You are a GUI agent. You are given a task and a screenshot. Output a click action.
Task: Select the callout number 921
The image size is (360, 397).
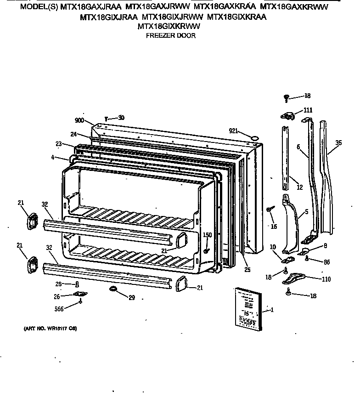(234, 131)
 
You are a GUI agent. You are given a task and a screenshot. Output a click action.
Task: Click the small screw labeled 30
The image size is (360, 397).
(106, 119)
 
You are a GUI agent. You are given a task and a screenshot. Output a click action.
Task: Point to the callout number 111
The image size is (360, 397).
(308, 110)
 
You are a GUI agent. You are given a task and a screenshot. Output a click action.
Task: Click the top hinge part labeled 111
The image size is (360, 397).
(287, 116)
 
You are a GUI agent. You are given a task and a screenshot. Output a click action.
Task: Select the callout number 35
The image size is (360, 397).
(338, 143)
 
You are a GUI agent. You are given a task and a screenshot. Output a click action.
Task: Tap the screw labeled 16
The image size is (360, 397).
(269, 210)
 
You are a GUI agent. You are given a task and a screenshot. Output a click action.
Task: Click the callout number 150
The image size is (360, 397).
(207, 235)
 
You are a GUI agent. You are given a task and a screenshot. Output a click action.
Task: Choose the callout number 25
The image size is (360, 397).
(247, 270)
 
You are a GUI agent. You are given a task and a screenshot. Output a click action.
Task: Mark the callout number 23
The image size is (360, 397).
(59, 144)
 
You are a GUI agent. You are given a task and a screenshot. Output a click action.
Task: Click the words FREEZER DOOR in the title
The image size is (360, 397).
(170, 36)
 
